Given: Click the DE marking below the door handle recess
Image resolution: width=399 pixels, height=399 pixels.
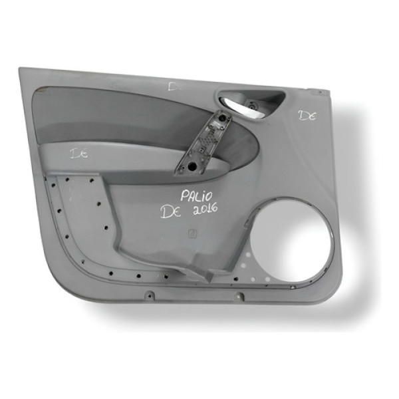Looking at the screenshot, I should (x=306, y=116).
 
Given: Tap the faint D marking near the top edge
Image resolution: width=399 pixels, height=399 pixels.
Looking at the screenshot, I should (x=175, y=86).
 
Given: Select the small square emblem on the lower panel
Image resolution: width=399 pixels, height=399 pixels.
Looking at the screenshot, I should (x=193, y=233).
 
